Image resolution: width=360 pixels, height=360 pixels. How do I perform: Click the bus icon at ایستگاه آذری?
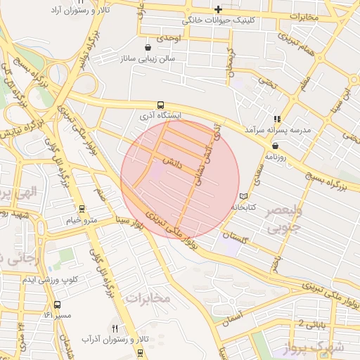click(x=161, y=104)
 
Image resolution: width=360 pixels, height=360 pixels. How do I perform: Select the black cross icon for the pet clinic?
click(x=219, y=9)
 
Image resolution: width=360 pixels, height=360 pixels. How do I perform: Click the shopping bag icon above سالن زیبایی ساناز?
click(x=148, y=47)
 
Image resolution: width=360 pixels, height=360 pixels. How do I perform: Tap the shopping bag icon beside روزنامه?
click(x=274, y=146)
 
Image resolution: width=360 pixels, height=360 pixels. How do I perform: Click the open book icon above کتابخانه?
click(x=244, y=195)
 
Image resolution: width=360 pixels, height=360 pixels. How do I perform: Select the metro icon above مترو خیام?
click(x=82, y=209)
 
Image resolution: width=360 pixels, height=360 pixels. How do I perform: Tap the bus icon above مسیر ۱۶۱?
click(x=57, y=305)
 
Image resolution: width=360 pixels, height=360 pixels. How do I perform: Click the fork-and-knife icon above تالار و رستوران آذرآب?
click(x=115, y=328)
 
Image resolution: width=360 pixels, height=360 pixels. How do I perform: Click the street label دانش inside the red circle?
click(x=172, y=162)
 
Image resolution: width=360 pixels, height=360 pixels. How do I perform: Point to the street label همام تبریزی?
click(x=296, y=44)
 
